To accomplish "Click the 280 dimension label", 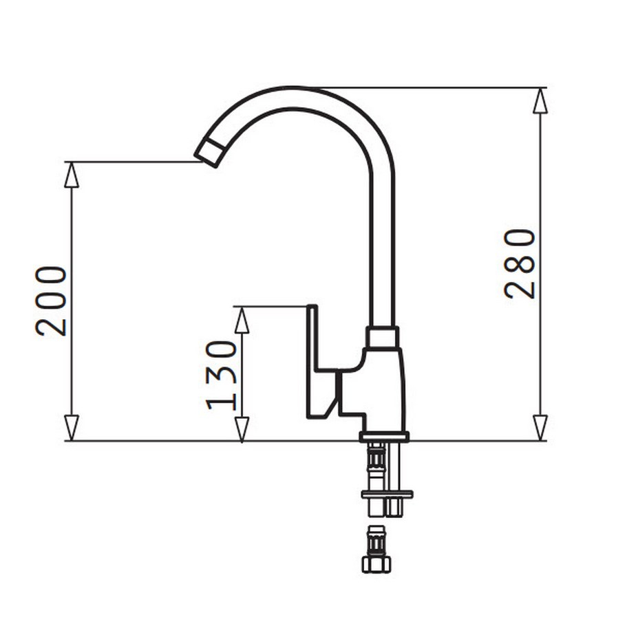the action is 520,264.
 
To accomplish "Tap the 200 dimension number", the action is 51,301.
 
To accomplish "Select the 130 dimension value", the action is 222,376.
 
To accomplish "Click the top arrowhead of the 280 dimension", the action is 540,101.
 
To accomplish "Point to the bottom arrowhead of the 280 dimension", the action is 540,428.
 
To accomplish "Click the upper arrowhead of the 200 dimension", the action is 72,175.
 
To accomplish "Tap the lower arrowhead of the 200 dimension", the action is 72,428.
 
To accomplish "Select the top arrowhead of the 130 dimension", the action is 242,320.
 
